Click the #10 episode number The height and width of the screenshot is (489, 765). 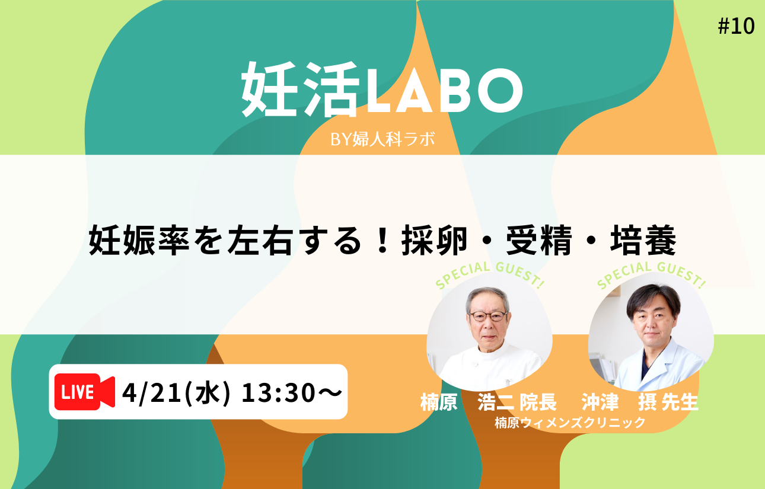[736, 26]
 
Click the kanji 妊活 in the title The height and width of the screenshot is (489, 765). [301, 90]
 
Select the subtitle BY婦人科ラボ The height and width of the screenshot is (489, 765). [383, 139]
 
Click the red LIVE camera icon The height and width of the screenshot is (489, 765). [85, 392]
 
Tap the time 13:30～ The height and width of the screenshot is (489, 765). [292, 392]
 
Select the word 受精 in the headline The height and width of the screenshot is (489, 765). [538, 240]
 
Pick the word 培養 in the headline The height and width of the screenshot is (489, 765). [643, 240]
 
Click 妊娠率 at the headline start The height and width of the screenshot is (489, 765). [139, 240]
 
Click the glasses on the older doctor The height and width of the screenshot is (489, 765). [489, 317]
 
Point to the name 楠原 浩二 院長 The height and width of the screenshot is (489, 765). [489, 402]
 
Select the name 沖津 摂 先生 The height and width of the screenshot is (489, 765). [640, 402]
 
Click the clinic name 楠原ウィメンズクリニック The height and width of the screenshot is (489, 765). [570, 423]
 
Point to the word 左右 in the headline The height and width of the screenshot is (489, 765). [260, 240]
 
